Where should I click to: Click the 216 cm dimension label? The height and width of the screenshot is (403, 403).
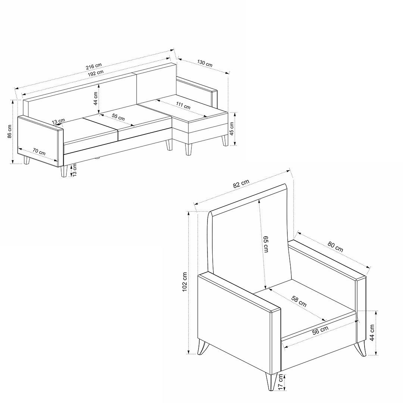coord(94,66)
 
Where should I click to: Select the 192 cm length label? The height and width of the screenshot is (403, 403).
coord(96,74)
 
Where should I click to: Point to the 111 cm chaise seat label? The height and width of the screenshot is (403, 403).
coord(183,105)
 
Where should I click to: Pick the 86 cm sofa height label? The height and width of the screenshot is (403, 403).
coord(9,132)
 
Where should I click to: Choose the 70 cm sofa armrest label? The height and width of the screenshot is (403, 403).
coord(39,152)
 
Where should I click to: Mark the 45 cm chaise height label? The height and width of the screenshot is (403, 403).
coord(232,129)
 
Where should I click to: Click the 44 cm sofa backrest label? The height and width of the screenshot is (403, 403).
coord(96,99)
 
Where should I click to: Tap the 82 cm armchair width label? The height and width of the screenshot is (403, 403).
coord(241,184)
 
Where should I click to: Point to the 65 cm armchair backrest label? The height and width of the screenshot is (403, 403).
coord(266,244)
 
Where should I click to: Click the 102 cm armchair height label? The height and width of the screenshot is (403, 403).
coord(185,282)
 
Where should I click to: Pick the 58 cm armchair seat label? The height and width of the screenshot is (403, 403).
coord(299,301)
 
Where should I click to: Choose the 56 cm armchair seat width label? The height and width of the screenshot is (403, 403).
coord(320,330)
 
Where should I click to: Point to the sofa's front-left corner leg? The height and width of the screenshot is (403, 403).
coord(64,171)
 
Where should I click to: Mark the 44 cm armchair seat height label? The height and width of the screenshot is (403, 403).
coord(372,332)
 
